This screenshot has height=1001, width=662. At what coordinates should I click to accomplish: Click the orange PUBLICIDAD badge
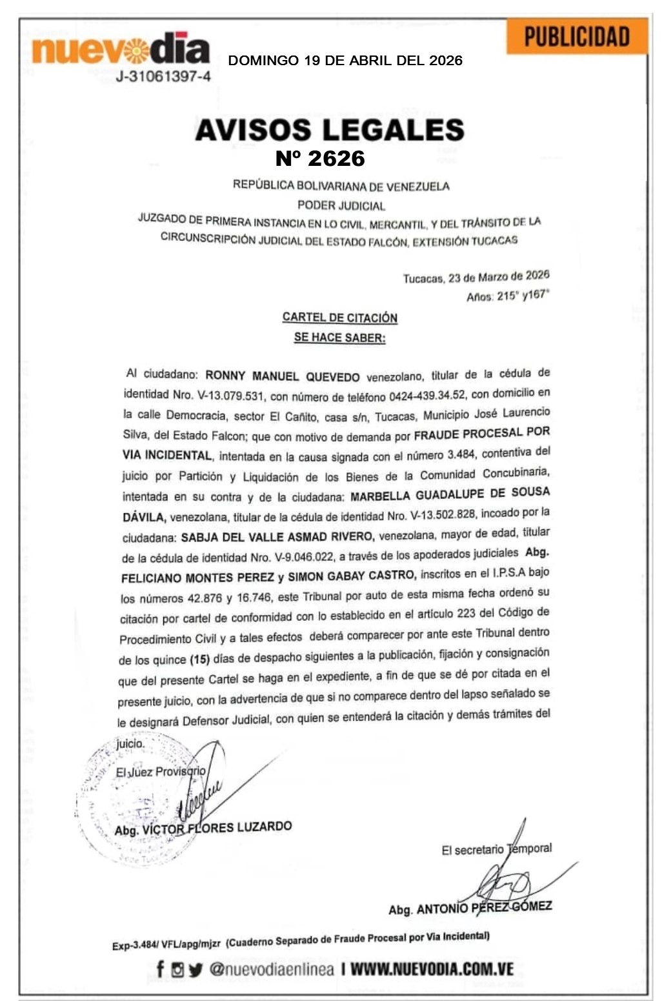576,36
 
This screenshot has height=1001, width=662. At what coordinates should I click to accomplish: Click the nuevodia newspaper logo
121,50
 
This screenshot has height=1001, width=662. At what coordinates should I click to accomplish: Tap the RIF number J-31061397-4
163,77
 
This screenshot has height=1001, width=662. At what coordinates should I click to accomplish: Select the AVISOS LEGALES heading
330,130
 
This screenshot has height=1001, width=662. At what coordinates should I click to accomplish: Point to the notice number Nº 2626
320,158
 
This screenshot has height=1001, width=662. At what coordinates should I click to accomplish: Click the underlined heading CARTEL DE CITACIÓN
339,318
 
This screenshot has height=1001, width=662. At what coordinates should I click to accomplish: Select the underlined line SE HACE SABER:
339,337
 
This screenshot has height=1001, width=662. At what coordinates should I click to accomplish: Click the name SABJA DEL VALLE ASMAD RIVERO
277,537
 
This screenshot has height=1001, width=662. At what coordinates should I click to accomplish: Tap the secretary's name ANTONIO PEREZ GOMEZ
484,907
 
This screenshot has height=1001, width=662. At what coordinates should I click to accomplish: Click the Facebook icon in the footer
161,969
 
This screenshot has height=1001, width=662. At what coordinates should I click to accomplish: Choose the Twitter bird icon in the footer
196,969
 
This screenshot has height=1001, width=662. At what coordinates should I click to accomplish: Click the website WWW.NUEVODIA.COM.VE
432,969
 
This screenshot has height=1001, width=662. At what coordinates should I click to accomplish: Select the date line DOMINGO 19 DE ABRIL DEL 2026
345,61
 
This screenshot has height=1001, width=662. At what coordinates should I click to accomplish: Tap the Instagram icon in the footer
177,969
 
